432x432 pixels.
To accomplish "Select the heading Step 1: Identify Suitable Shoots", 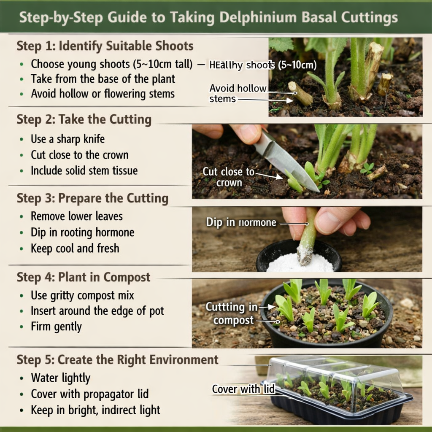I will point(105,46).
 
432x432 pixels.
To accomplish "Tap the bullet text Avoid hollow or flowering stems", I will point(103,93).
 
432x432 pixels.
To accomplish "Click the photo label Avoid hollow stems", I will point(238,93).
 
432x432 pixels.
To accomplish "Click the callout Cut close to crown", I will point(229,177).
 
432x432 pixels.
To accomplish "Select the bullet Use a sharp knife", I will point(67,139).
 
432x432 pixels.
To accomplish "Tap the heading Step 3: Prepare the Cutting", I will point(92,198).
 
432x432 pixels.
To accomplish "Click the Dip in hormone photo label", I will point(241,222).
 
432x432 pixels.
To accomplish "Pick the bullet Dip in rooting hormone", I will point(82,232).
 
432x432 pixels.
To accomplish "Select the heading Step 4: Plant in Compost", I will point(83,277).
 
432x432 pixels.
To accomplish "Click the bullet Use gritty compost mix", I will point(82,295).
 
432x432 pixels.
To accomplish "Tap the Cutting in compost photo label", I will point(231,313).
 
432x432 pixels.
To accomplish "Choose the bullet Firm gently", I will point(56,327).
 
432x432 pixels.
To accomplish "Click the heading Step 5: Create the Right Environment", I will point(117,360).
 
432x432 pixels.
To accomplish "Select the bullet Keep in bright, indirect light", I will point(95,410).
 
